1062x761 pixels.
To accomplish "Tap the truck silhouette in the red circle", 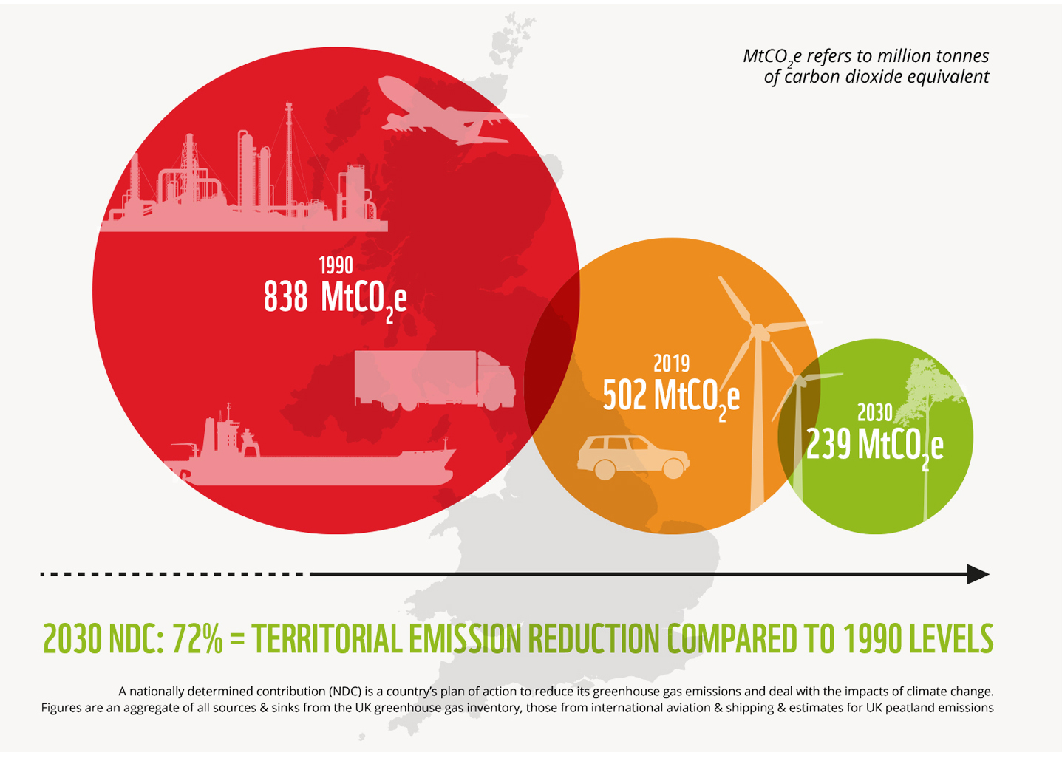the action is pyautogui.click(x=435, y=380).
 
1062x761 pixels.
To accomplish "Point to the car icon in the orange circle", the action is pyautogui.click(x=633, y=458).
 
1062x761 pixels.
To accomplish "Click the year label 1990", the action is pyautogui.click(x=336, y=265).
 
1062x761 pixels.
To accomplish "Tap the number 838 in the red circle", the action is pyautogui.click(x=285, y=296).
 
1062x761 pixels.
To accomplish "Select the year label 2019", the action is pyautogui.click(x=671, y=364).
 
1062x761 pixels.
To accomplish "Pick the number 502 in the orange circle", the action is pyautogui.click(x=624, y=395).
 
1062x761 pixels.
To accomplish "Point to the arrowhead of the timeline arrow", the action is pyautogui.click(x=978, y=574).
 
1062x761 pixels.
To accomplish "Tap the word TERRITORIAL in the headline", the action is pyautogui.click(x=327, y=639).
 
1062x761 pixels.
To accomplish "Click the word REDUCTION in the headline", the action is pyautogui.click(x=593, y=639).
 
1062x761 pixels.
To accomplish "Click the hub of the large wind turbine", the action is pyautogui.click(x=758, y=331).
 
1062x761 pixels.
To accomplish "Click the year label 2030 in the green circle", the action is pyautogui.click(x=875, y=413).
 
